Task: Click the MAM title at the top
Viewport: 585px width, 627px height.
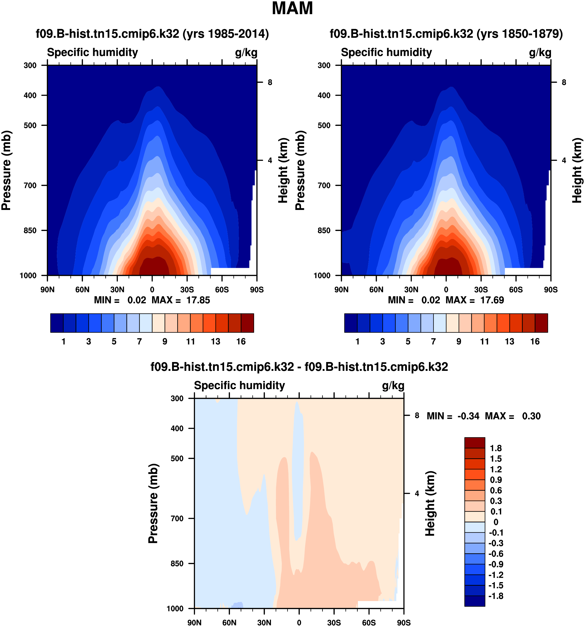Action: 292,9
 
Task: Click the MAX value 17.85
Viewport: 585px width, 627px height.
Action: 198,300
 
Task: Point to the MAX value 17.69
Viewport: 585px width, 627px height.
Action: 492,300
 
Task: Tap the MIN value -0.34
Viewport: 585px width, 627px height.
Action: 468,416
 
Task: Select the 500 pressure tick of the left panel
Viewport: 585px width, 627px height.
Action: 30,125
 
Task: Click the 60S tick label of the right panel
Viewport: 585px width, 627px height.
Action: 516,290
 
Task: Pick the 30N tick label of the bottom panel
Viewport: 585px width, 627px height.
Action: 264,623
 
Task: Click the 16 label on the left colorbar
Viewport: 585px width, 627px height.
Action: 241,342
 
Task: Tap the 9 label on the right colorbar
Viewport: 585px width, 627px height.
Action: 459,342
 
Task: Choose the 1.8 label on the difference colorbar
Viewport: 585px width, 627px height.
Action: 496,448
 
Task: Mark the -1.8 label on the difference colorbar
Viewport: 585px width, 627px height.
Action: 496,596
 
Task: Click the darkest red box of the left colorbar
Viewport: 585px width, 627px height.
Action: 247,323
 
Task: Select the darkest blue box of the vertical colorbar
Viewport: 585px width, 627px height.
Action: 475,601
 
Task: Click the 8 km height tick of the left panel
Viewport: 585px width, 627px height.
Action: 270,82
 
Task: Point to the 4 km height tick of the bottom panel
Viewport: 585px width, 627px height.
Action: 417,494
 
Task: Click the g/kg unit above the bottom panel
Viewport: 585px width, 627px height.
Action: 393,386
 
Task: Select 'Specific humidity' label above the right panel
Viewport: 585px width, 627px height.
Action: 386,52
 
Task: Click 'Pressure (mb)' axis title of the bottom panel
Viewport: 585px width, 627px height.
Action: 153,503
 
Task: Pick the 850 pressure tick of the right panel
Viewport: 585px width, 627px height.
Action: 324,230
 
